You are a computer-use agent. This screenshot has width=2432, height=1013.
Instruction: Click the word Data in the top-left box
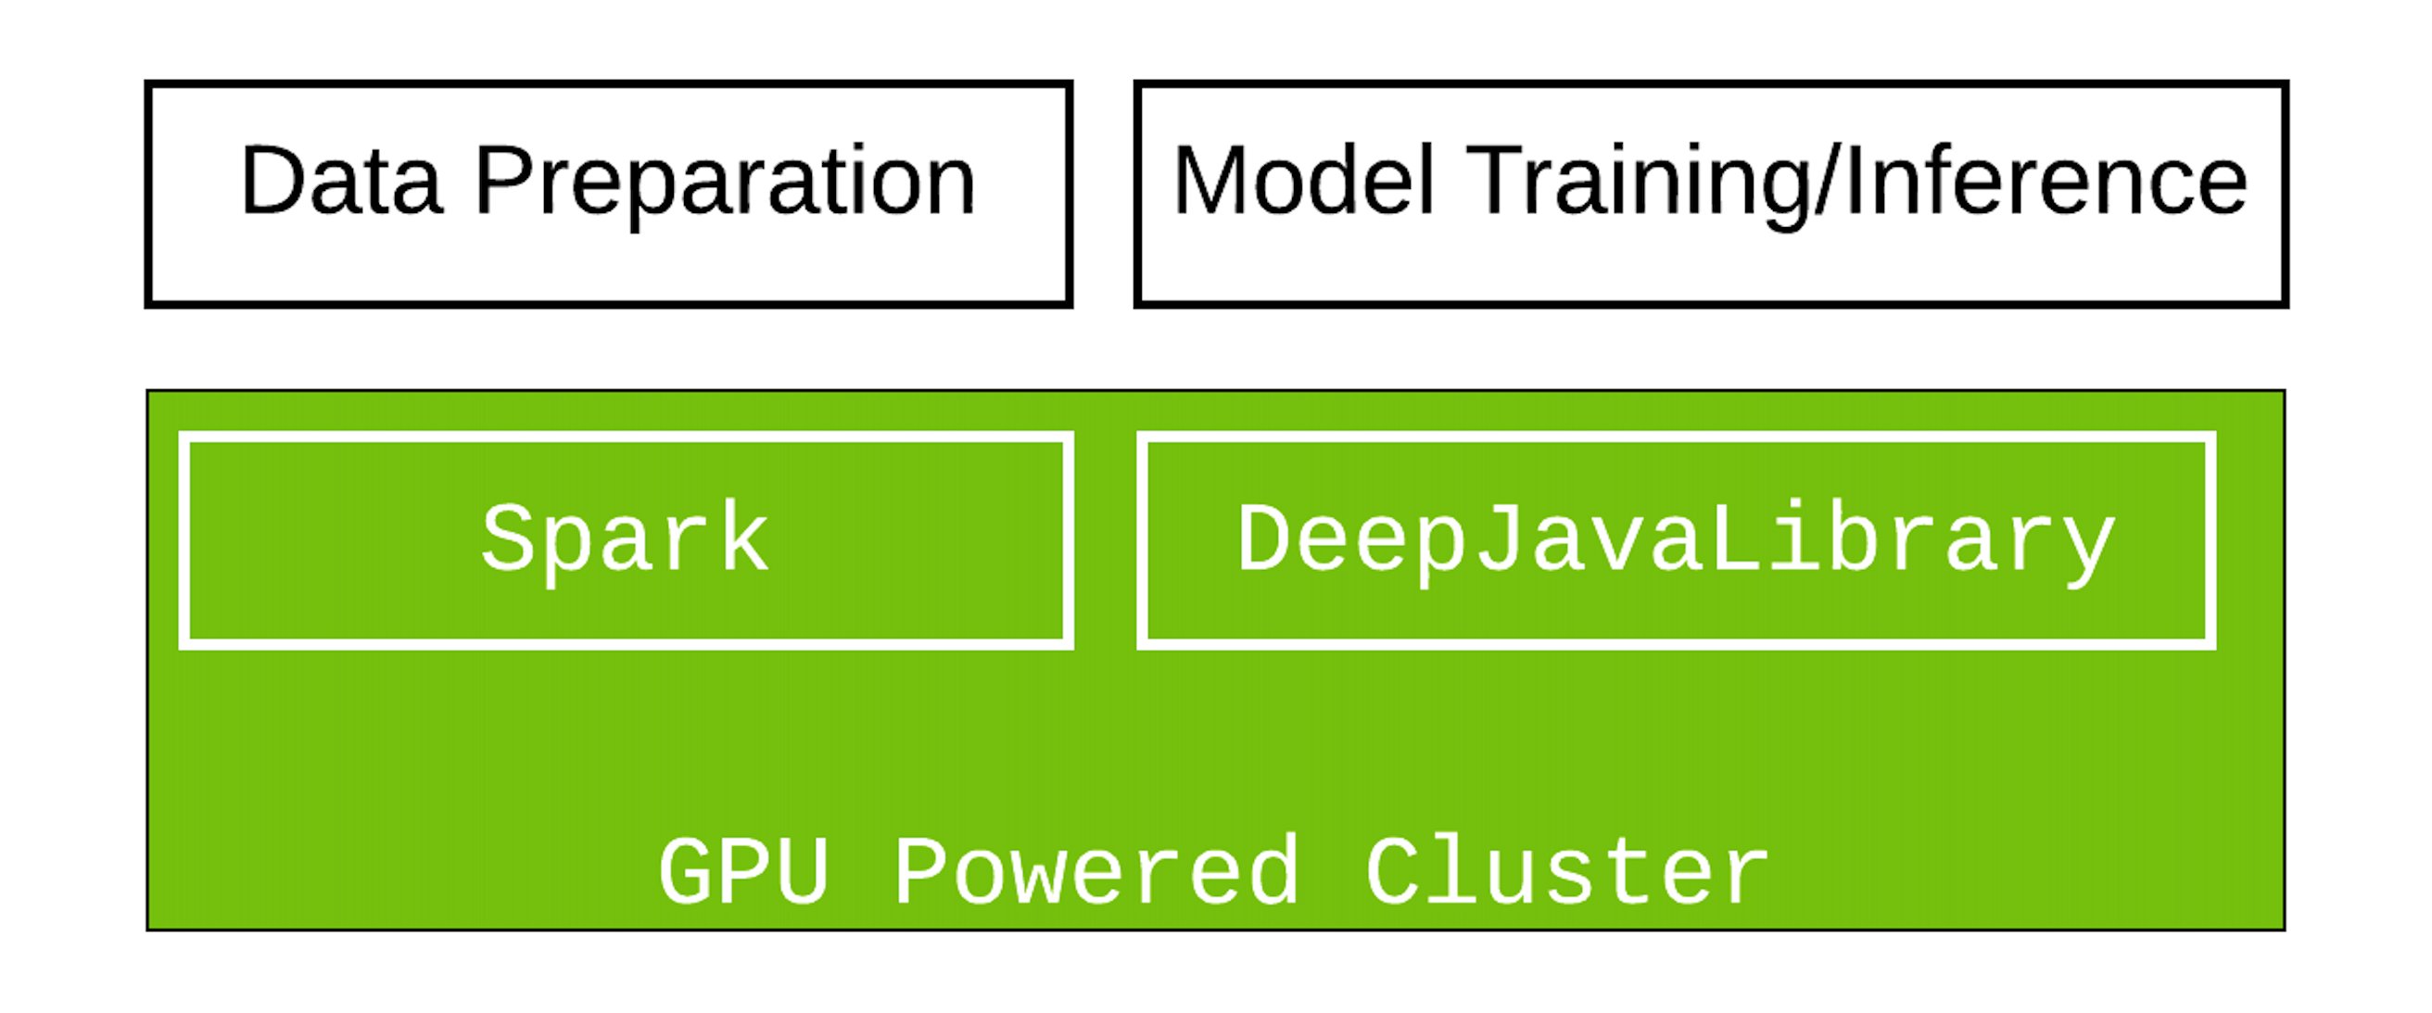[x=341, y=182]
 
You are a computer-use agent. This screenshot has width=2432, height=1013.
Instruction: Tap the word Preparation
[x=724, y=182]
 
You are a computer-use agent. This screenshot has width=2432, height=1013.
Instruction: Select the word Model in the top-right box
[x=1304, y=182]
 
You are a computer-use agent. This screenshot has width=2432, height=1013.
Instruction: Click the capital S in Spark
[x=510, y=538]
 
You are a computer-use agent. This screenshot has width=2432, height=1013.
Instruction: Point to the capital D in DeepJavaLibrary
[x=1265, y=538]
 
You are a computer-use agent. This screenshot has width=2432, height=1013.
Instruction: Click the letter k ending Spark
[x=743, y=538]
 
